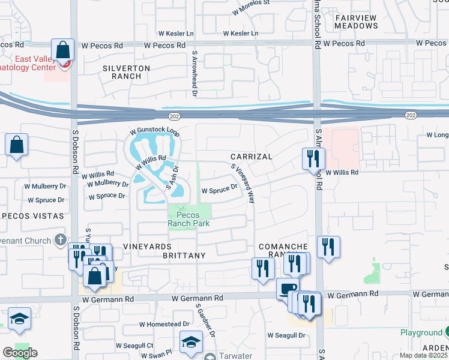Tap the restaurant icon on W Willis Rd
tap(313, 158)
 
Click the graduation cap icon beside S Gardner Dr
tap(191, 343)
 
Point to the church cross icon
tap(59, 241)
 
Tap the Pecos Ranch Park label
tap(189, 217)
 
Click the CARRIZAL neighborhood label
tap(252, 157)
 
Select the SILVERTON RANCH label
tap(126, 73)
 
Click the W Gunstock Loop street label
tap(155, 130)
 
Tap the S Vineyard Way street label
tap(243, 184)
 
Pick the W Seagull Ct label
tap(134, 346)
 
